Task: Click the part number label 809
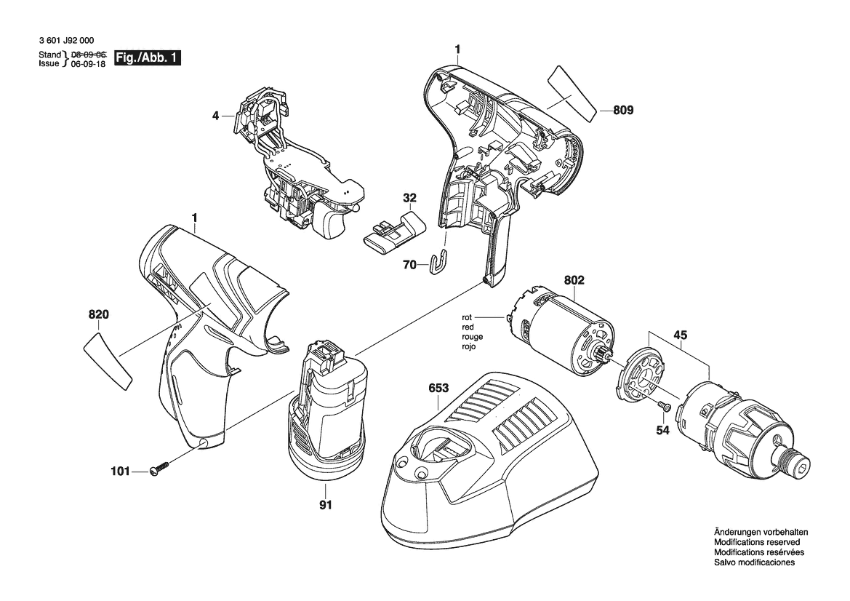click(x=623, y=110)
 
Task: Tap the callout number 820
click(x=98, y=314)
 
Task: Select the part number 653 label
click(x=438, y=389)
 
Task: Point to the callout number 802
click(x=574, y=280)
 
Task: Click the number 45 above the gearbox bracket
click(x=681, y=335)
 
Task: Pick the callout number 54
click(x=662, y=430)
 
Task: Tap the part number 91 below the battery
click(x=325, y=505)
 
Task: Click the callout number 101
click(x=121, y=471)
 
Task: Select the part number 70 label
click(x=410, y=265)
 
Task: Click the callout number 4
click(x=215, y=116)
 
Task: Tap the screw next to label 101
click(x=159, y=468)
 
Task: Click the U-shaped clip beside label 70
click(x=440, y=261)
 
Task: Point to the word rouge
click(x=473, y=337)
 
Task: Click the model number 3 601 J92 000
click(x=67, y=40)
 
